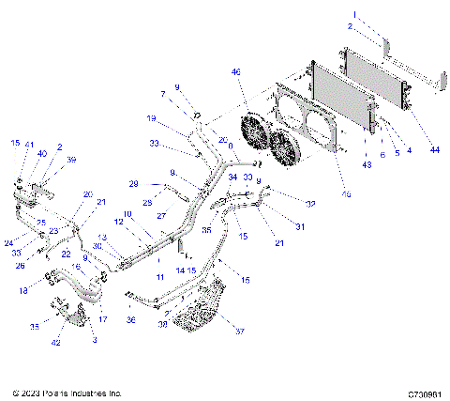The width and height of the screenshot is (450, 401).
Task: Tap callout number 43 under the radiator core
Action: [x=367, y=165]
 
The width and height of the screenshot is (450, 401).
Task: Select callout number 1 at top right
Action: [x=354, y=14]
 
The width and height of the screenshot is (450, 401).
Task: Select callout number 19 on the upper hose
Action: [x=152, y=118]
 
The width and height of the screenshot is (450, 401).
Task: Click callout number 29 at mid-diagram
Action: [x=133, y=183]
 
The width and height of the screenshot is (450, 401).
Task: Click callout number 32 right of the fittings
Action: [x=309, y=204]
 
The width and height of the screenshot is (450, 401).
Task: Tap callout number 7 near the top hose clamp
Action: [x=162, y=94]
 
